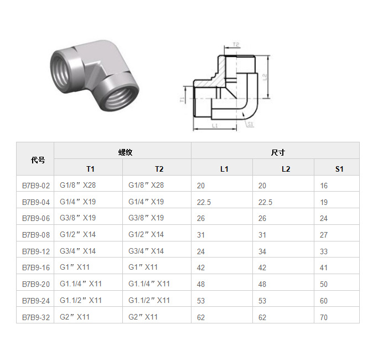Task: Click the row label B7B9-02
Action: (x=36, y=186)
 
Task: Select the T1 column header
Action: (x=90, y=169)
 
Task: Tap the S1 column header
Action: (x=339, y=169)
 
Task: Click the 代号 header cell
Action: (x=38, y=160)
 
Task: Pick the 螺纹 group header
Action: (x=125, y=152)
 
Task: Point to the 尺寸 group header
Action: (x=278, y=152)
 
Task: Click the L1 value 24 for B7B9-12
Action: (x=201, y=251)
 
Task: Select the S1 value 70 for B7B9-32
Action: (x=324, y=317)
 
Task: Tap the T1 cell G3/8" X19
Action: (x=77, y=218)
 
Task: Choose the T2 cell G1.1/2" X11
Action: (x=149, y=300)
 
